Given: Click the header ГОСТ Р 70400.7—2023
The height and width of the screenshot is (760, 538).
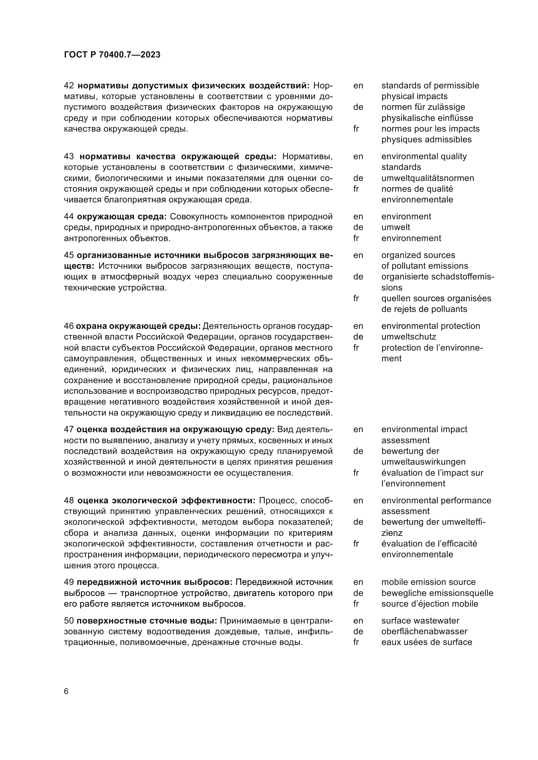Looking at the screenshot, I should click(x=112, y=55).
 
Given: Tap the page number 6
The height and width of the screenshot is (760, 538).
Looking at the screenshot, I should click(x=66, y=691).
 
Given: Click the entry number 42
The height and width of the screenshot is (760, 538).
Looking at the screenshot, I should click(x=69, y=85).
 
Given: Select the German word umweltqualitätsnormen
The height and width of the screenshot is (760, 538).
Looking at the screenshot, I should click(x=427, y=178).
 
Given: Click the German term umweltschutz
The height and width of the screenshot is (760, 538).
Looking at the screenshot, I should click(x=409, y=337).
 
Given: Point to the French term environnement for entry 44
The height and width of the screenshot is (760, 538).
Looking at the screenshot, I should click(x=411, y=238).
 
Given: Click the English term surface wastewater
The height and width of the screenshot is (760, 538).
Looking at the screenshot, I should click(x=420, y=621).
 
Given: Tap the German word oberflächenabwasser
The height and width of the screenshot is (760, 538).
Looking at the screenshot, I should click(x=424, y=631).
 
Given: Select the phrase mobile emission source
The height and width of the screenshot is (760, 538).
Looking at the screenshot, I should click(x=428, y=582).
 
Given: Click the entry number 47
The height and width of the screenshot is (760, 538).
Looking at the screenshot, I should click(x=69, y=429).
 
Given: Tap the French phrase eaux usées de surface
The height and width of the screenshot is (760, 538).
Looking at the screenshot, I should click(x=426, y=642).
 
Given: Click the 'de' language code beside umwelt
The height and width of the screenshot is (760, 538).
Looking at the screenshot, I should click(x=358, y=227).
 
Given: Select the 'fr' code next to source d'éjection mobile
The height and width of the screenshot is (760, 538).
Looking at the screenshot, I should click(x=356, y=604).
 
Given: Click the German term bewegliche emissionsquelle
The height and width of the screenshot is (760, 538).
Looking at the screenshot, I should click(x=437, y=593).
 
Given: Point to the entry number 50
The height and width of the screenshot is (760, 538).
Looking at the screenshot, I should click(x=69, y=621).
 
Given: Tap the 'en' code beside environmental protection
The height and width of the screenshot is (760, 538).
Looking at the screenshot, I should click(x=358, y=326).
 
